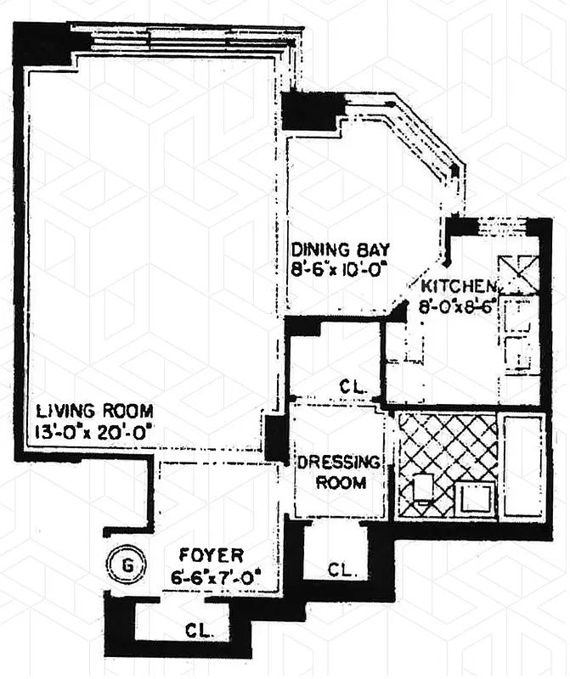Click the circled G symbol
pos(126,563)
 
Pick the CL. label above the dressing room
pos(353,386)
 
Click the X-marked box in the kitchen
pos(517,273)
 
